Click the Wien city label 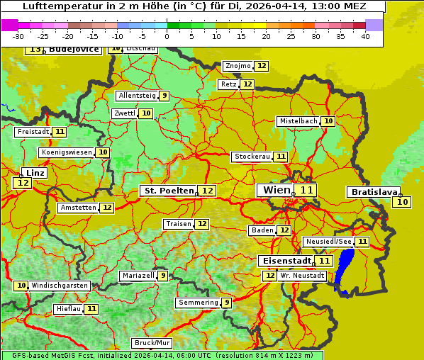pos(276,190)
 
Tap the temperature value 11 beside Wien pos(306,190)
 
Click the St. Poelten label pos(168,191)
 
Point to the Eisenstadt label pos(284,261)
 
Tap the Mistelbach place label pos(298,121)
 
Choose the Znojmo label pos(238,66)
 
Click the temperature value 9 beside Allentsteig pos(164,96)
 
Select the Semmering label pos(199,303)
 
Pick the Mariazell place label pos(138,276)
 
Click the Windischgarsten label pos(60,286)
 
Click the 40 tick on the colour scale pos(365,36)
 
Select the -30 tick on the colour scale pos(18,36)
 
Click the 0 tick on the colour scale pos(167,36)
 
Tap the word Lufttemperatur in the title pos(53,6)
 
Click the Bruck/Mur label pos(152,343)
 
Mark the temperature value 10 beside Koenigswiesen pos(103,152)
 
